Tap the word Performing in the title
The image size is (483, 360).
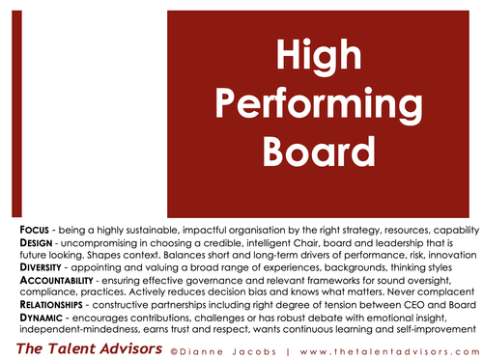(x=326, y=103)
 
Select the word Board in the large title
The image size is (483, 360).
(x=326, y=149)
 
